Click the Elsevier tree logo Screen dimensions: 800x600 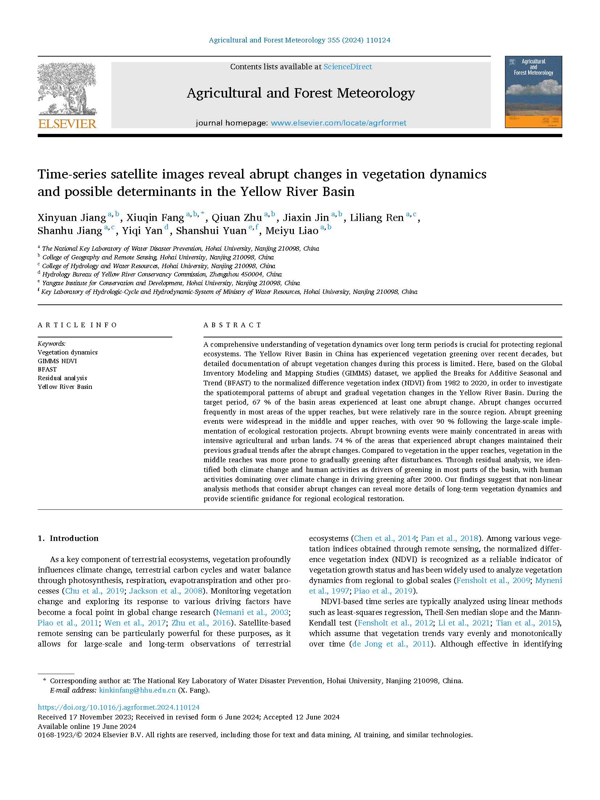tap(67, 89)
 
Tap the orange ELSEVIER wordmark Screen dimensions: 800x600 tap(67, 124)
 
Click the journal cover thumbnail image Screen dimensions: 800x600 tap(533, 92)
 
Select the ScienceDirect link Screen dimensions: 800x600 tap(347, 67)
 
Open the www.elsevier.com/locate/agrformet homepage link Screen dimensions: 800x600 tap(338, 123)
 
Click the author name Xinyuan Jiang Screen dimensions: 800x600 tap(72, 218)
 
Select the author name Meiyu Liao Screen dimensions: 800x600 tap(292, 231)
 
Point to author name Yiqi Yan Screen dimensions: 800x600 tap(142, 231)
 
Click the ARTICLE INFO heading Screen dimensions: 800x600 tap(77, 325)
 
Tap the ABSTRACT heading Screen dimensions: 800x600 tap(233, 325)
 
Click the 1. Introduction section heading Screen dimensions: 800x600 tap(68, 538)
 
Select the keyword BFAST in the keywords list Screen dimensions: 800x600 tap(47, 369)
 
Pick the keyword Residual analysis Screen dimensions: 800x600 tap(62, 378)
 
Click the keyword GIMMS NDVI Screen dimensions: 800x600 tap(57, 361)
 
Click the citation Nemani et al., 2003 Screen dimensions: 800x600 tap(252, 612)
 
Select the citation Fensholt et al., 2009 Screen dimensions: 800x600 tap(493, 580)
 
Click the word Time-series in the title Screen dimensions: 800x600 tap(72, 175)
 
